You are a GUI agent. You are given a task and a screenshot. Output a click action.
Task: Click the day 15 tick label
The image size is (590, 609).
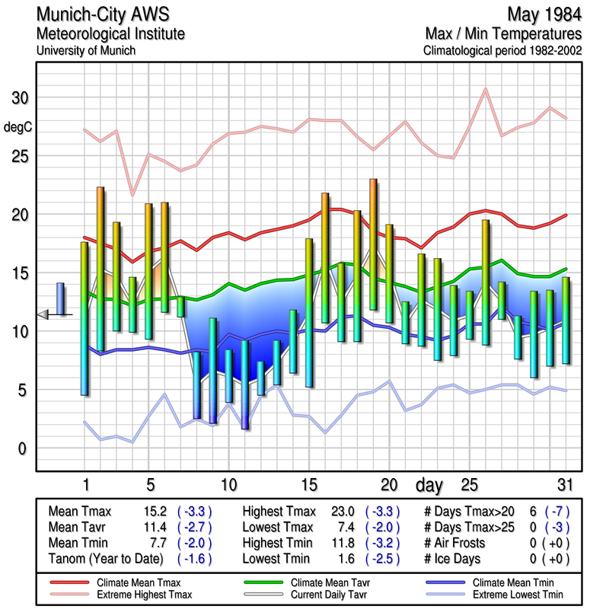point(308,484)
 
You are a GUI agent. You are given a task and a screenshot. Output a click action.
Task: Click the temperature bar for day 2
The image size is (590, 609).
point(100,268)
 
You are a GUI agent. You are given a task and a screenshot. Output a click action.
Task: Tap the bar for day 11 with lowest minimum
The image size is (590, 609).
point(244,384)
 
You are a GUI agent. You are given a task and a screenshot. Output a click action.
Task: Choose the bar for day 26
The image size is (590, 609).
point(485,282)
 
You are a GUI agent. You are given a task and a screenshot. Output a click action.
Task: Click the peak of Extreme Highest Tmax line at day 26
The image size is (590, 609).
point(485,89)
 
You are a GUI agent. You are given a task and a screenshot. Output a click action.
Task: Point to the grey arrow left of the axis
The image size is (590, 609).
point(43,314)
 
